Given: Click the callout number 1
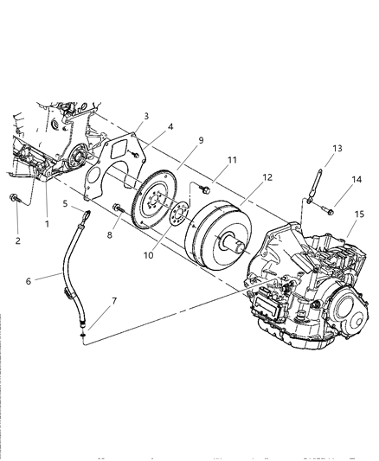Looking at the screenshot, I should (47, 223).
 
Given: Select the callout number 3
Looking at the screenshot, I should (145, 116).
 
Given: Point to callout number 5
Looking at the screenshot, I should (171, 127).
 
